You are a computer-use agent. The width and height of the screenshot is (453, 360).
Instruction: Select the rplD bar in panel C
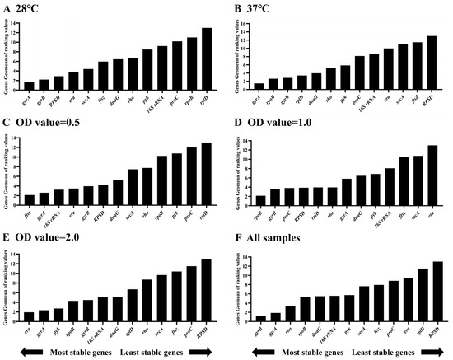[206, 175]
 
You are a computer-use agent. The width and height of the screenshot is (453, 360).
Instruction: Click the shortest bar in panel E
[29, 318]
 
